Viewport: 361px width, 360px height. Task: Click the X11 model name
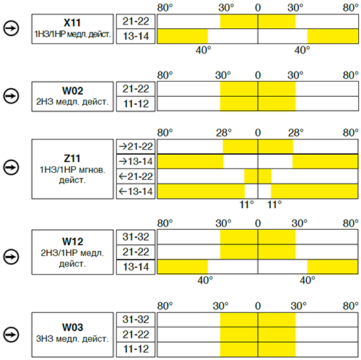(x=72, y=22)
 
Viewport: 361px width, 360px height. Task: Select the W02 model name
(x=72, y=90)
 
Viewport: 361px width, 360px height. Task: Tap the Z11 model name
(x=72, y=158)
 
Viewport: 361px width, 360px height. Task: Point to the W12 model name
(x=72, y=241)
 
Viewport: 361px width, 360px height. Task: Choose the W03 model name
(x=72, y=327)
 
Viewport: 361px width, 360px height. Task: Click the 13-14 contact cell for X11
(x=136, y=36)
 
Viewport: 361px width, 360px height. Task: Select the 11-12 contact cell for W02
(x=136, y=104)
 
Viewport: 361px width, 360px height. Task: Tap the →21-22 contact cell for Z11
(x=136, y=147)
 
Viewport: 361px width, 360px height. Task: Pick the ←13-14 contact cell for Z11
(x=136, y=192)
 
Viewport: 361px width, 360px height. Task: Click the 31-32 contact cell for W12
(x=136, y=237)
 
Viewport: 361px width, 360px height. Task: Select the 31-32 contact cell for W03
(x=136, y=320)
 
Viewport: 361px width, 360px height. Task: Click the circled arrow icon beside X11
(x=11, y=28)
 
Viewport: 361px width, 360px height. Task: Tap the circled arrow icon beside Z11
(x=11, y=167)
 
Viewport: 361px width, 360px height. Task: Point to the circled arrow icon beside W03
(x=11, y=335)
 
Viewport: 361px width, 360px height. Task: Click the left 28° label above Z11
(x=224, y=133)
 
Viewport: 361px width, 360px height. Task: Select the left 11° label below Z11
(x=247, y=205)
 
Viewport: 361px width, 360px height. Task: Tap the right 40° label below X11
(x=302, y=51)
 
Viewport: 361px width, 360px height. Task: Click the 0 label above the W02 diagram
(x=258, y=75)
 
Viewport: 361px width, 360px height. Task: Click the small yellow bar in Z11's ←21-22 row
(x=258, y=176)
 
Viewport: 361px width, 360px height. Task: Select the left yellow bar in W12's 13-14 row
(x=183, y=267)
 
